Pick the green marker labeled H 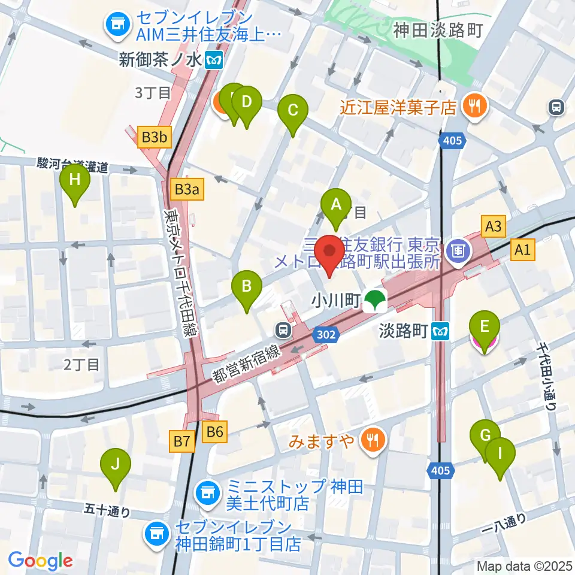coord(75,181)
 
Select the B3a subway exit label coord(186,190)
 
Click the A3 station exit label coord(494,226)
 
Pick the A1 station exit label coord(522,251)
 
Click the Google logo coord(41,561)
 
